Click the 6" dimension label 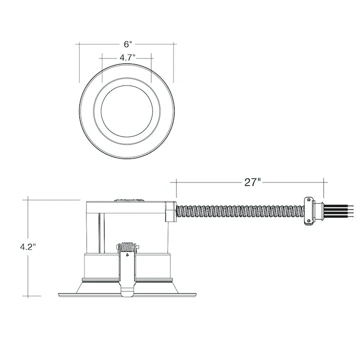[128, 44]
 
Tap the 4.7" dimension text [127, 57]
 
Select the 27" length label [252, 182]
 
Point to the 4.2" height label [28, 247]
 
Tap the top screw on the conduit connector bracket [308, 199]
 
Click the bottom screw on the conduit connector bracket [308, 221]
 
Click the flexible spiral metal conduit [240, 211]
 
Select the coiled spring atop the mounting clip [127, 247]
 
